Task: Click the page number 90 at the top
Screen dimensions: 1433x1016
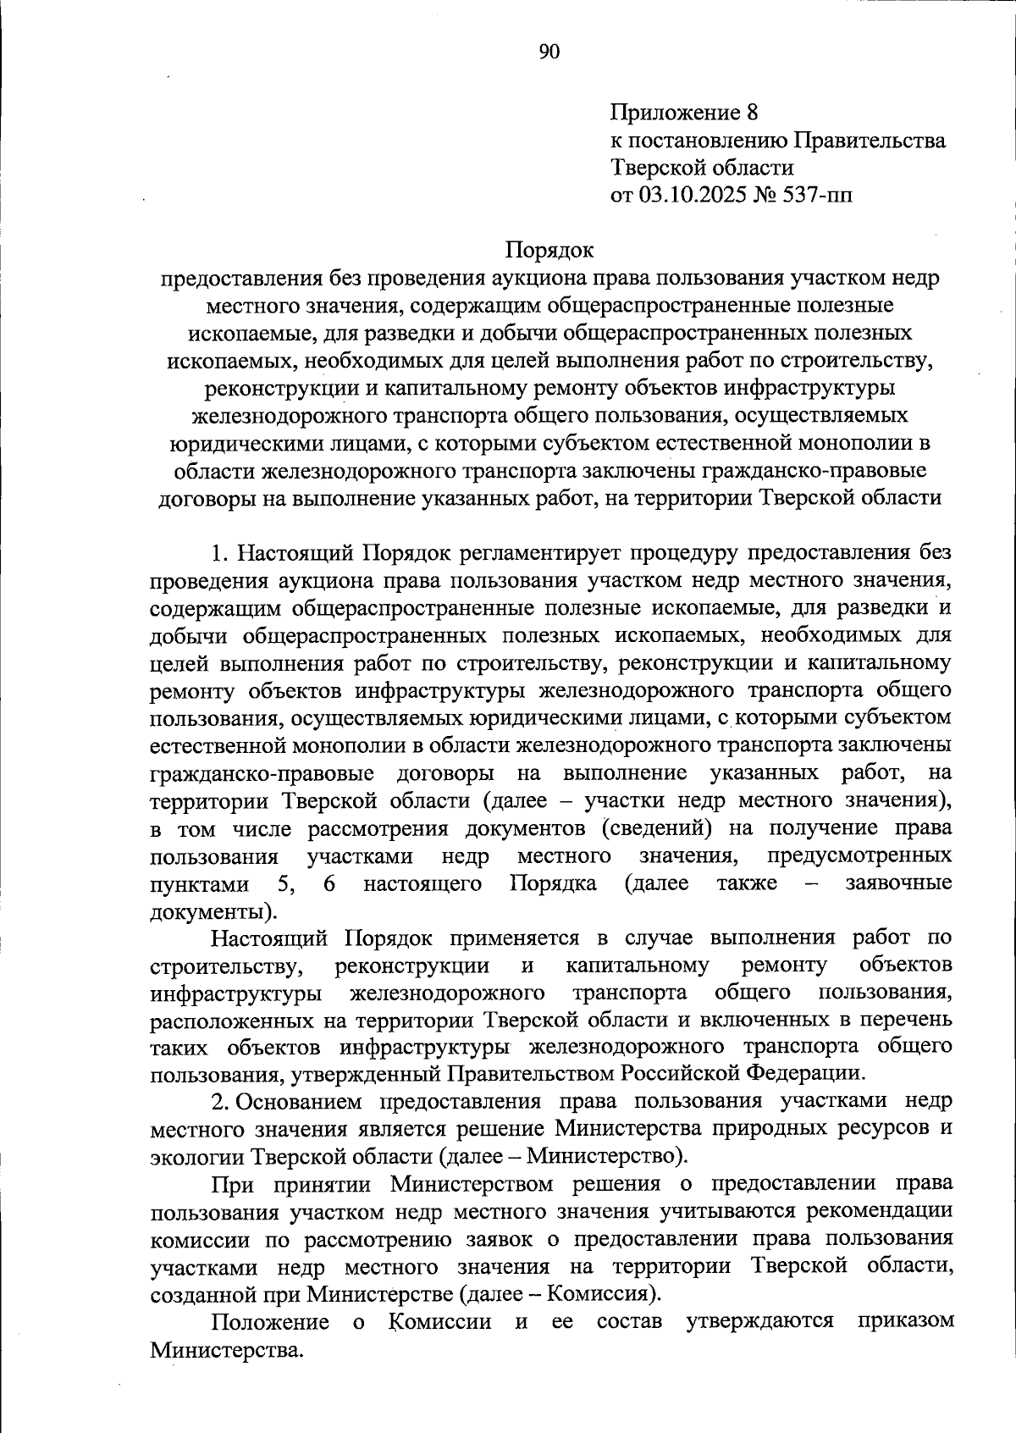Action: click(x=549, y=53)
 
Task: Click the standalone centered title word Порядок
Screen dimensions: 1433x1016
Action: click(x=549, y=251)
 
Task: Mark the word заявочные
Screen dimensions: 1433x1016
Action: click(x=899, y=883)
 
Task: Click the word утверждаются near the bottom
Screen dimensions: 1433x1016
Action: click(x=759, y=1321)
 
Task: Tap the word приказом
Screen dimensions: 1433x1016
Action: click(x=905, y=1321)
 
